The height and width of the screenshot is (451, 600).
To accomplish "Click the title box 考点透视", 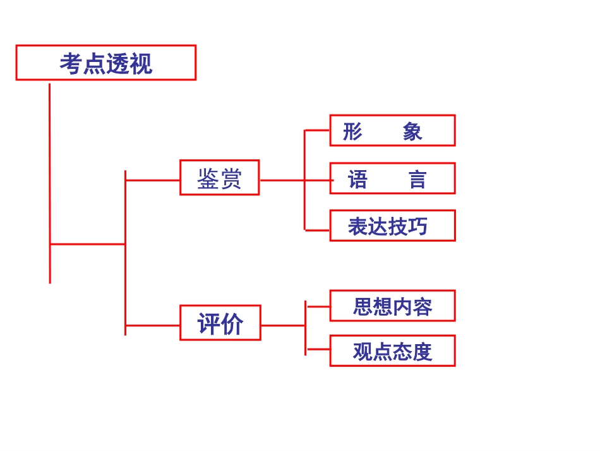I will (106, 63).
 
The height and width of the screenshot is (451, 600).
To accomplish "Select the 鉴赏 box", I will (219, 178).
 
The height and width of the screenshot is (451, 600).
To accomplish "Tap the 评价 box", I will (220, 323).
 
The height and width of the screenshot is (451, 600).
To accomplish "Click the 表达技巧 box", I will (392, 226).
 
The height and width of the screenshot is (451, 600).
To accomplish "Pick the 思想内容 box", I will (392, 306).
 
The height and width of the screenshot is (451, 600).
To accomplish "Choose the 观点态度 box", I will (392, 351).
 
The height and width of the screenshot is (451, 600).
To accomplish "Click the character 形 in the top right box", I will (352, 132).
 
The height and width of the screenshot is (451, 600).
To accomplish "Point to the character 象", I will (412, 132).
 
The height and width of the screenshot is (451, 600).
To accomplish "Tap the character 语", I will (357, 180).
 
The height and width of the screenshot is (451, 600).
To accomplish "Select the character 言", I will (417, 180).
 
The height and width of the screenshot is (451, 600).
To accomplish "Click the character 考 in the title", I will (71, 63).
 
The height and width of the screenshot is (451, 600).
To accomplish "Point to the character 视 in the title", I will (141, 63).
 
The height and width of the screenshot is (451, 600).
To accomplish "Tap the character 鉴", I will (208, 178).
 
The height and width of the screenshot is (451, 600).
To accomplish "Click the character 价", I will (232, 324).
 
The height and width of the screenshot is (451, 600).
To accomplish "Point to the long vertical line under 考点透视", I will (50, 183).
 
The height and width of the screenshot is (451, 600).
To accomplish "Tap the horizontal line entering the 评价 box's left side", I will (152, 326).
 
